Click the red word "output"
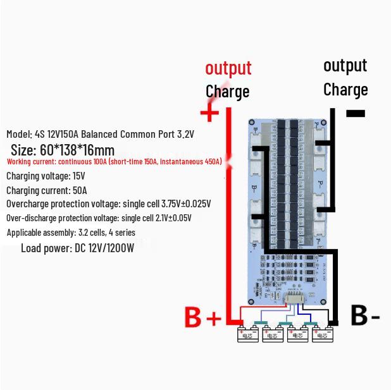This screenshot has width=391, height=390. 228,68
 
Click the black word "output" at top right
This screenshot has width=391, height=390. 345,65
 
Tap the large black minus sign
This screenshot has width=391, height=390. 356,114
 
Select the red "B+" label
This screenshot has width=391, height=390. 203,317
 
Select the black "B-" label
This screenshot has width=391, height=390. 365,315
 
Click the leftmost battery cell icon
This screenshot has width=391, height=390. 247,334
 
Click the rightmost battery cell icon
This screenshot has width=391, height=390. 322,334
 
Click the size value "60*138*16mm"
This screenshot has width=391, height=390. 77,150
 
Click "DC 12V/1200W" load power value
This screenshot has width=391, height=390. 104,248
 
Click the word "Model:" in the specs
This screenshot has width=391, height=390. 19,134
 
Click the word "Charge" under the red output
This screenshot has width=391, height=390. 227,91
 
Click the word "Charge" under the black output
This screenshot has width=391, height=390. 345,89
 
